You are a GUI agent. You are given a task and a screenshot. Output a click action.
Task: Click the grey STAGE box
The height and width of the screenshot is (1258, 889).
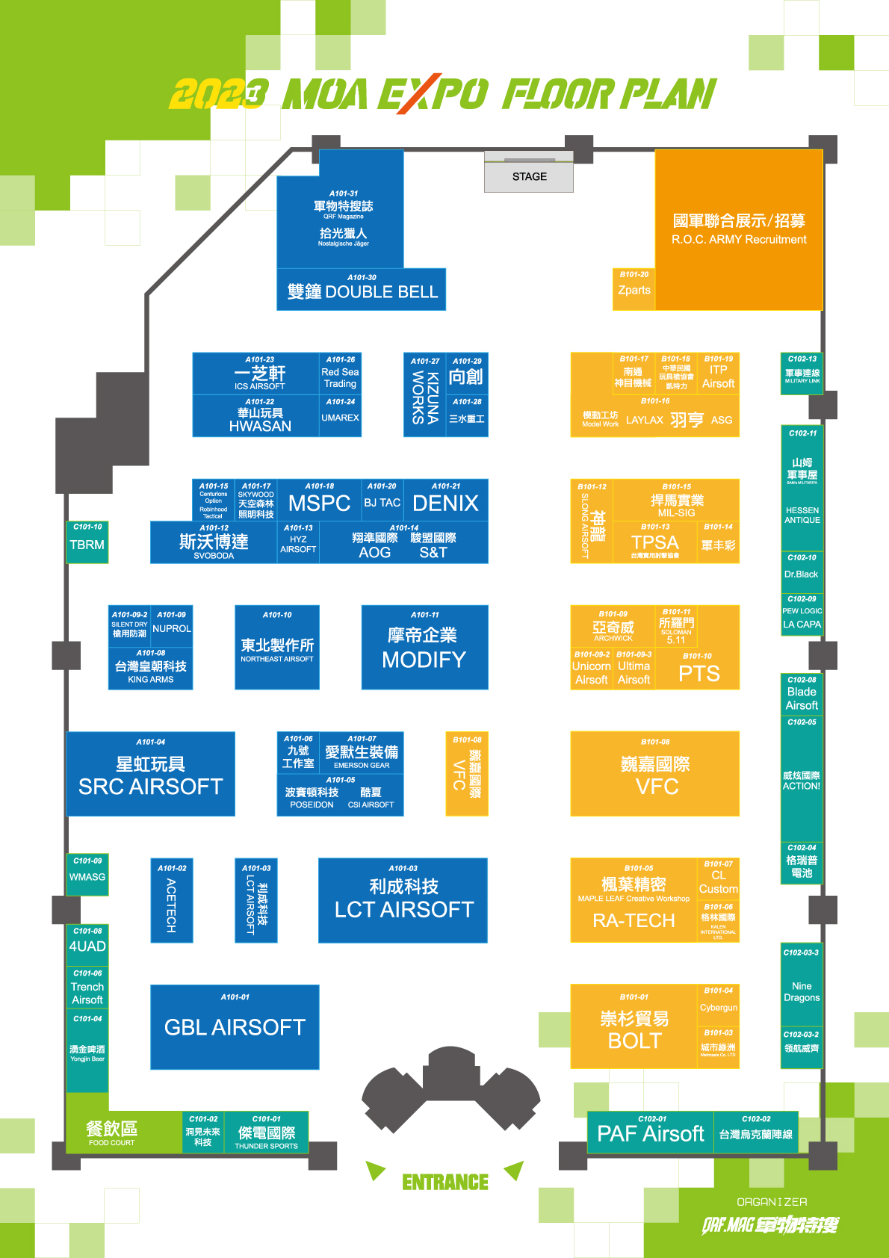pyautogui.click(x=529, y=177)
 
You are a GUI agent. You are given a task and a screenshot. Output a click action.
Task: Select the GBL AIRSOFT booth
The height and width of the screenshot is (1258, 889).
pyautogui.click(x=235, y=1026)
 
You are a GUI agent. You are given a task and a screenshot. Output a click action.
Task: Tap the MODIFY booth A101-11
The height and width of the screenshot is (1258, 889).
pyautogui.click(x=424, y=647)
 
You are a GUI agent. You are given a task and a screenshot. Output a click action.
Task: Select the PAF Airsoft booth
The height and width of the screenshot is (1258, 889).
pyautogui.click(x=651, y=1132)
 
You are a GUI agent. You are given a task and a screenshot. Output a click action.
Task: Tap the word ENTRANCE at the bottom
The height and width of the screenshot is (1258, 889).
pyautogui.click(x=445, y=1182)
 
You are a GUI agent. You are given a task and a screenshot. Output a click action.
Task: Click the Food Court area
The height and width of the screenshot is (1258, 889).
pyautogui.click(x=112, y=1132)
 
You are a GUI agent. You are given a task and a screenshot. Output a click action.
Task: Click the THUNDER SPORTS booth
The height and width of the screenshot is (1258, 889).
pyautogui.click(x=267, y=1134)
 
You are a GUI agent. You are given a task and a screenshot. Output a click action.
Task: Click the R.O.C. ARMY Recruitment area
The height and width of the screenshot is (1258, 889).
pyautogui.click(x=739, y=229)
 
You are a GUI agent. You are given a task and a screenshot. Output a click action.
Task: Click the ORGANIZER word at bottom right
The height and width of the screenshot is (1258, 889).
pyautogui.click(x=772, y=1202)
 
